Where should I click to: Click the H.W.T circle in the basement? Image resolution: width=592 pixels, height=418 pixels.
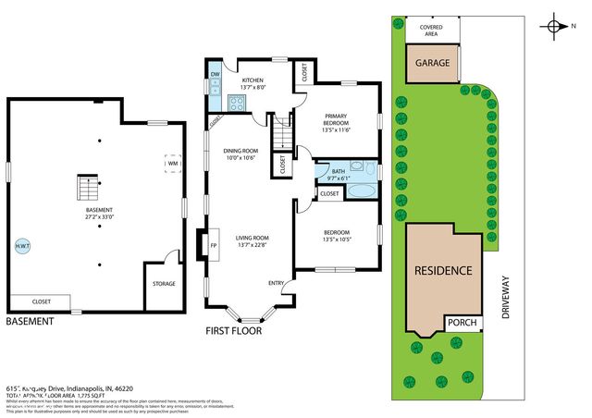(22, 245)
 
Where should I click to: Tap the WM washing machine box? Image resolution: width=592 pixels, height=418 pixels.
(173, 163)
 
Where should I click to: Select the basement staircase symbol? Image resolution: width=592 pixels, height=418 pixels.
(86, 191)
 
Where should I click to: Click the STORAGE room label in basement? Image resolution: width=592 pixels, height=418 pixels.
(163, 284)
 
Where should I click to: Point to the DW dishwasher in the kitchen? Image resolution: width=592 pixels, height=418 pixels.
(215, 74)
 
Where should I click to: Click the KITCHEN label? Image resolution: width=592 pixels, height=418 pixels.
(253, 80)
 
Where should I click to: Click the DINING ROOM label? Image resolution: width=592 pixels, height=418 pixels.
(240, 151)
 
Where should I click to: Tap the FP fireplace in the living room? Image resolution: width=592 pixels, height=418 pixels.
(213, 245)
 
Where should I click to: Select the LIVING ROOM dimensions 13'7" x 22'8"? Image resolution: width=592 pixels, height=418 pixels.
(253, 244)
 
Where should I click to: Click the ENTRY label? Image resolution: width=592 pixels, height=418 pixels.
(277, 283)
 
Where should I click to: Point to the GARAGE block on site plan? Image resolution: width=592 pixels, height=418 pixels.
(432, 63)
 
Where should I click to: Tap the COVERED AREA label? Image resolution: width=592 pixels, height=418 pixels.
(431, 31)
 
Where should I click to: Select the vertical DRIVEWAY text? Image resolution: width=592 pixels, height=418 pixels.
(505, 297)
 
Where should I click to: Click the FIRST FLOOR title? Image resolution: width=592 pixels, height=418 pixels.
(233, 330)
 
